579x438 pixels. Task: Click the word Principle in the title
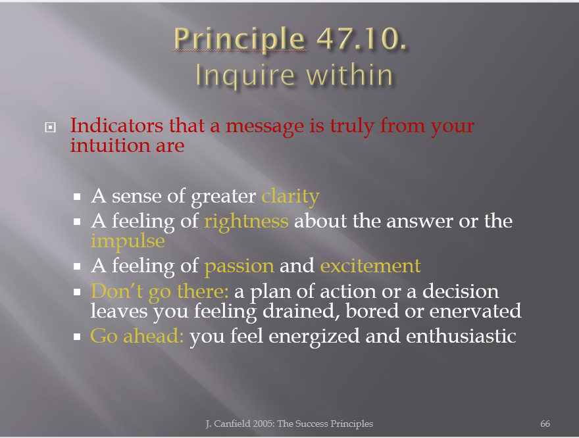[x=239, y=39]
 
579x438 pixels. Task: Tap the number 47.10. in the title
[x=361, y=38]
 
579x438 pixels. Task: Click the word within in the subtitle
[x=349, y=74]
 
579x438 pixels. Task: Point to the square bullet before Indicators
[x=50, y=128]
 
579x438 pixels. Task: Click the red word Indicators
[x=116, y=125]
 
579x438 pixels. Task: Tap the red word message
[x=264, y=126]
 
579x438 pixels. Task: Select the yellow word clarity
[x=290, y=196]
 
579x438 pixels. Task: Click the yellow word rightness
[x=246, y=222]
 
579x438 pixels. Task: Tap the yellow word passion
[x=239, y=266]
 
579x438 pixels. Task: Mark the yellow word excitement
[x=370, y=265]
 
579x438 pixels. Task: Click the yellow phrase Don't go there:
[x=159, y=291]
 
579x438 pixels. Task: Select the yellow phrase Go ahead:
[x=137, y=336]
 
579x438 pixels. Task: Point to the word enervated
[x=475, y=311]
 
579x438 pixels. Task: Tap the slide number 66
[x=545, y=424]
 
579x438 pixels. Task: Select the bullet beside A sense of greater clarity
[x=77, y=196]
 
